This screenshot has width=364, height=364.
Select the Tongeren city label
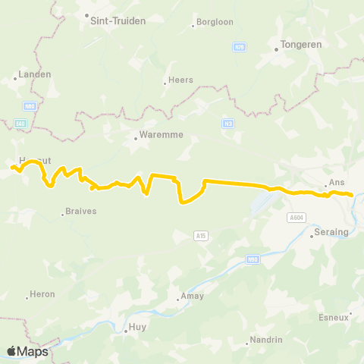click(301, 45)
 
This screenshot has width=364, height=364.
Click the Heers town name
click(181, 80)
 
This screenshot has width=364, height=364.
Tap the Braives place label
click(81, 212)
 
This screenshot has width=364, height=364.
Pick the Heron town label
click(42, 293)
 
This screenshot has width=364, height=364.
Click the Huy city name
click(137, 328)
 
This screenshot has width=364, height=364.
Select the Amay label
click(190, 297)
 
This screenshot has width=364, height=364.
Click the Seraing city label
click(331, 232)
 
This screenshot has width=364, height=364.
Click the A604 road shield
click(297, 217)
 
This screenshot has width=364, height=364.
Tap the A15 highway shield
click(200, 235)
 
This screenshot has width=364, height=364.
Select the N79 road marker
click(240, 48)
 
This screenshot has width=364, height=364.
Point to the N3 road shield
click(227, 123)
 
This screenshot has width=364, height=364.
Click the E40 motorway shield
click(20, 123)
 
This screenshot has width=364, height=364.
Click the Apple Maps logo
click(27, 351)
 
